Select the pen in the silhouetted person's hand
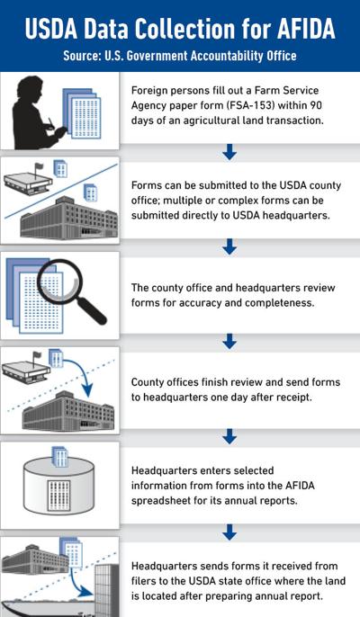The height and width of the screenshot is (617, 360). [51, 122]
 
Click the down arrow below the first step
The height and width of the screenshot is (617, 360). [229, 152]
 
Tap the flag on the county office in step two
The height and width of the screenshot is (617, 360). [39, 167]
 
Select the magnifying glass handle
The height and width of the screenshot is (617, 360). [92, 310]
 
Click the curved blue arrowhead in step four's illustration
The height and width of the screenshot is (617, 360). [87, 390]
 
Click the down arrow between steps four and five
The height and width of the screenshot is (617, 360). [229, 436]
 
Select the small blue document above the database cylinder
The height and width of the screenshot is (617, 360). [60, 457]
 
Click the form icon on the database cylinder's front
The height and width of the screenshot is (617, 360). [58, 496]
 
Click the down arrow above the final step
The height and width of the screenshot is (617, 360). [229, 532]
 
